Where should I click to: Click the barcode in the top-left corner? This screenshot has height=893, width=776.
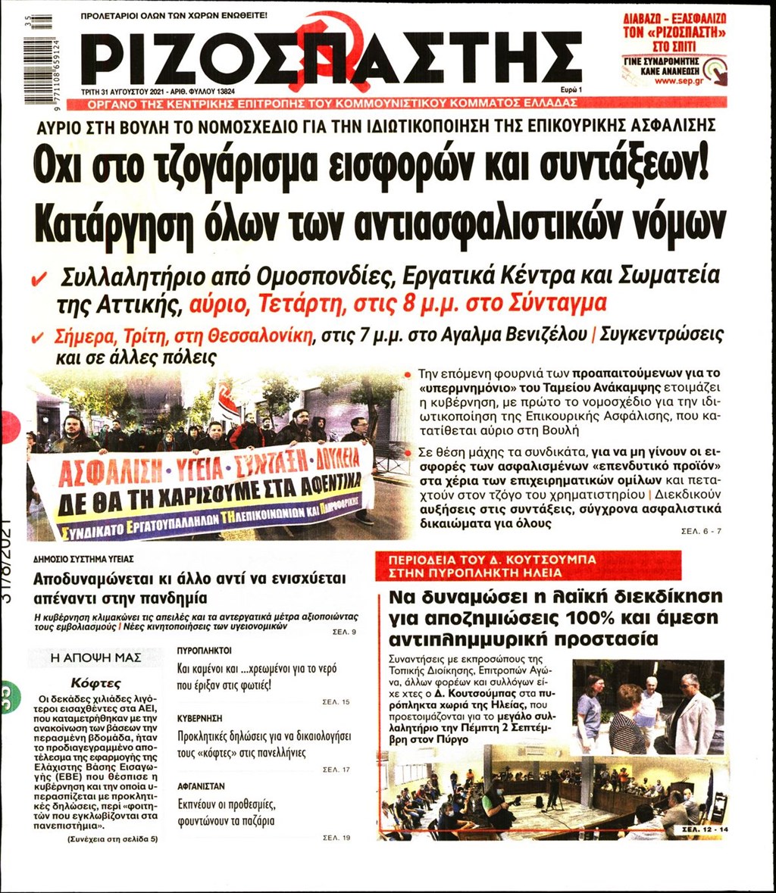pos(38,48)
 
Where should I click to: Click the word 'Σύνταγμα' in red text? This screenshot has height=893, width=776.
pos(563,304)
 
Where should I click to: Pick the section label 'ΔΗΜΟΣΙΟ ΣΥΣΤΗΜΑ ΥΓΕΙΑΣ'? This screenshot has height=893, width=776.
pos(84,559)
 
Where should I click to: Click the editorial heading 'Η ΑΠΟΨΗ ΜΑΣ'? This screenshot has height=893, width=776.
pos(95,657)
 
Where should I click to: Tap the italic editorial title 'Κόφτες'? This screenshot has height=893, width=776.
pos(95,682)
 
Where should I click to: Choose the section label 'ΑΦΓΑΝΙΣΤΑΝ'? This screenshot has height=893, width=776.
pos(201,787)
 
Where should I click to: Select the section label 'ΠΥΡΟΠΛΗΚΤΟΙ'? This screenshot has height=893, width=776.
pos(204,650)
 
